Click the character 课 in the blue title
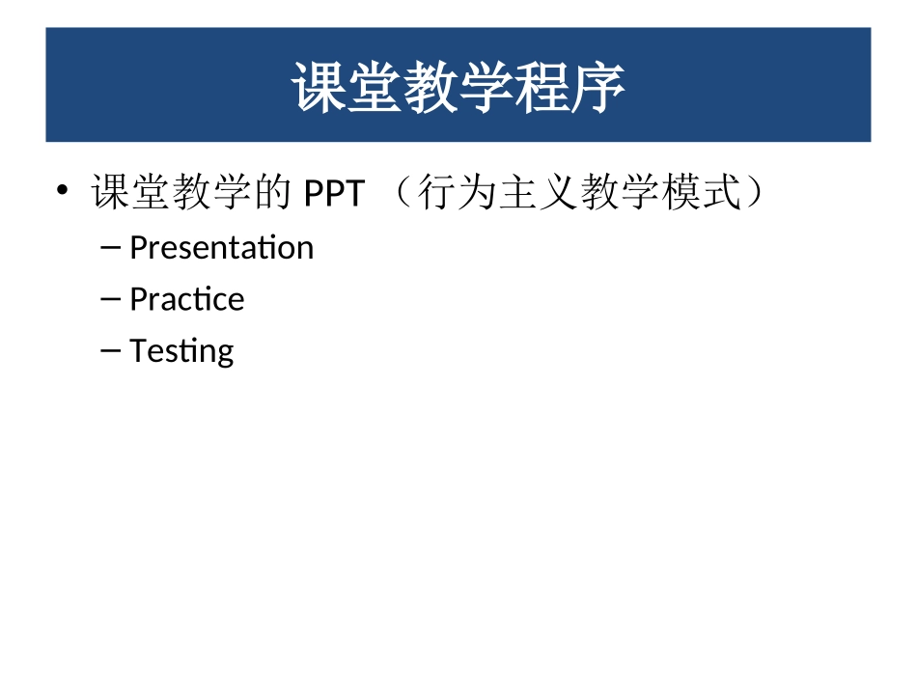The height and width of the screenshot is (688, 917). pyautogui.click(x=320, y=88)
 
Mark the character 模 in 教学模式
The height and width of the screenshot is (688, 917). pyautogui.click(x=681, y=194)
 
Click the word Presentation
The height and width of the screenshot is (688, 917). pyautogui.click(x=221, y=248)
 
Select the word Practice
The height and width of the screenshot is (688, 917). pyautogui.click(x=186, y=299)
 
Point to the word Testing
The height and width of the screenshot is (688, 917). pyautogui.click(x=181, y=351)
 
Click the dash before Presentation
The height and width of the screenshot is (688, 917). pyautogui.click(x=110, y=248)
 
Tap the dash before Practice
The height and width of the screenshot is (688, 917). pyautogui.click(x=110, y=299)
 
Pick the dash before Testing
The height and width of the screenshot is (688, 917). pyautogui.click(x=110, y=350)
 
